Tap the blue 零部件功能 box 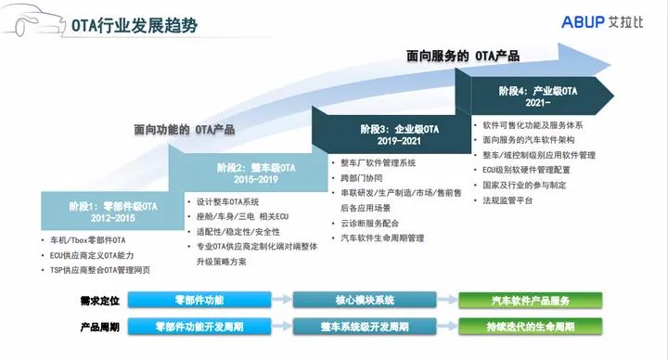pos(198,300)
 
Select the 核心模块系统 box pos(358,300)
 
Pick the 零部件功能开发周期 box pos(198,327)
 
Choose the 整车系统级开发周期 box pos(358,327)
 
